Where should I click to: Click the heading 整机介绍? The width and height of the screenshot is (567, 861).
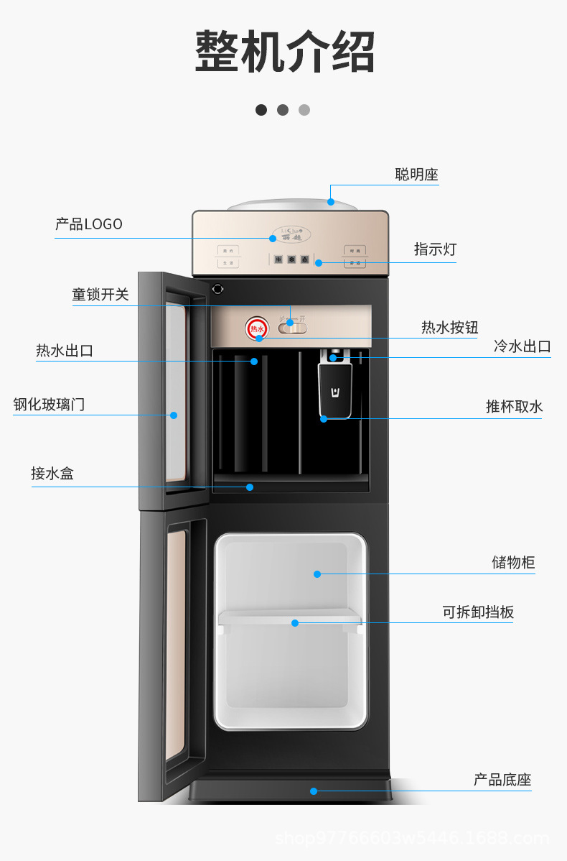click(x=285, y=52)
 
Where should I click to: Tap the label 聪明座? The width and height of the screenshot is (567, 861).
click(x=416, y=175)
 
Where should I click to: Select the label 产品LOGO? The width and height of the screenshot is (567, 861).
click(x=89, y=224)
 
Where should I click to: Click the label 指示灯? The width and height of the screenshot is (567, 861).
click(x=435, y=249)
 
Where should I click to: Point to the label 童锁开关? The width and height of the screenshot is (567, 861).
click(x=100, y=295)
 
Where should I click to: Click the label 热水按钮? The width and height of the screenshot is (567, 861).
click(x=449, y=328)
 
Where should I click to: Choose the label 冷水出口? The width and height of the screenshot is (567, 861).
click(x=522, y=346)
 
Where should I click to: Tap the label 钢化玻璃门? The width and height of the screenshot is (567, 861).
click(x=49, y=405)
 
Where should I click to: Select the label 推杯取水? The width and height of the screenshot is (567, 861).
click(x=514, y=407)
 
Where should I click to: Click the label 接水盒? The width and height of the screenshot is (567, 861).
click(x=52, y=474)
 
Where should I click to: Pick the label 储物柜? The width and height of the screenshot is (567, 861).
click(x=513, y=563)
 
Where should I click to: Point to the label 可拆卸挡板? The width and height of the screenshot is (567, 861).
click(x=478, y=612)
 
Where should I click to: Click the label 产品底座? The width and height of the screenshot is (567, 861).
click(x=502, y=780)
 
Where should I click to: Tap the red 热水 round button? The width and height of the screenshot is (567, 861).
click(x=257, y=328)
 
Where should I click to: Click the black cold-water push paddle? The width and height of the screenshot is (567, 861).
click(x=335, y=390)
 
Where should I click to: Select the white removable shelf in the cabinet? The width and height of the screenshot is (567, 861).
click(x=290, y=617)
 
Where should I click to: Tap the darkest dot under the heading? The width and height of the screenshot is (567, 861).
click(x=261, y=110)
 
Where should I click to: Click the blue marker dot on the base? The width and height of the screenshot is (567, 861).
click(x=314, y=791)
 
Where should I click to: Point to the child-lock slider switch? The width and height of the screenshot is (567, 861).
click(x=292, y=328)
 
